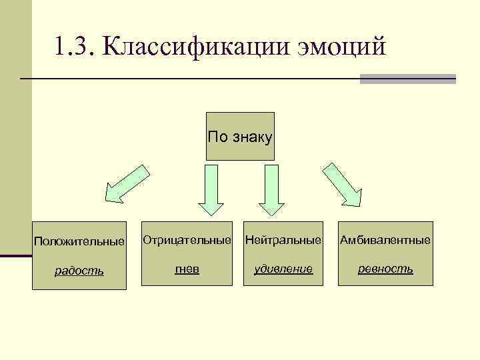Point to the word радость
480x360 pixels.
pos(79,270)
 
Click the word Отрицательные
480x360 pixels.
pos(186,238)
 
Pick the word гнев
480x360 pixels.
pos(187,268)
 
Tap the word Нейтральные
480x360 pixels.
pos(283,238)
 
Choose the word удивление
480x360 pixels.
pos(283,268)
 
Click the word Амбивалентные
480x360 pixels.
pos(385,239)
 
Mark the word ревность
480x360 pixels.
pos(385,268)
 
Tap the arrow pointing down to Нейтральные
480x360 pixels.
pos(271,189)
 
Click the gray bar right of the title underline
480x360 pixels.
pos(408,79)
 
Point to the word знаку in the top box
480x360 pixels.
pos(251,137)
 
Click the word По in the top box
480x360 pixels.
pos(217,137)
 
